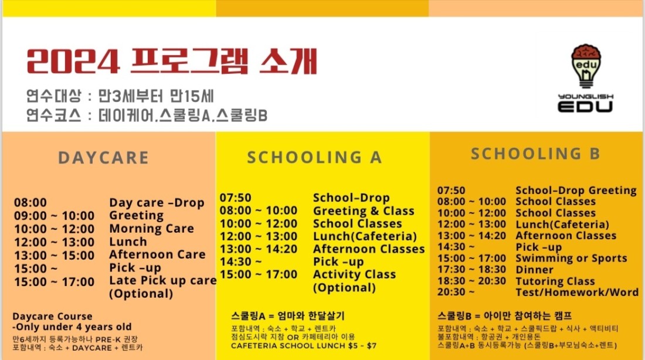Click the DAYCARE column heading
click(103, 158)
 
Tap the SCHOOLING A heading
click(315, 157)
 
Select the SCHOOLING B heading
click(535, 154)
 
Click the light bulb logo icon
click(586, 66)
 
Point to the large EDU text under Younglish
click(585, 106)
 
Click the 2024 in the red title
click(73, 62)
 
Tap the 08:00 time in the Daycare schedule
click(30, 202)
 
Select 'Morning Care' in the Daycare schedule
click(151, 228)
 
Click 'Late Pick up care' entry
click(163, 281)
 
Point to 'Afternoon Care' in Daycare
click(157, 254)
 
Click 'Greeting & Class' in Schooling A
click(364, 210)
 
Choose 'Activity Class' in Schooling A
click(354, 274)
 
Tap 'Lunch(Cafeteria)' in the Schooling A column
click(365, 236)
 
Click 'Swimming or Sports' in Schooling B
click(571, 259)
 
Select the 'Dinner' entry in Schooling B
click(534, 270)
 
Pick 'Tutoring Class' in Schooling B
click(555, 281)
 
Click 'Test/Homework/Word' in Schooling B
click(577, 292)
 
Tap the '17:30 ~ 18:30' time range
click(471, 270)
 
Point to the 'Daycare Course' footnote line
click(52, 317)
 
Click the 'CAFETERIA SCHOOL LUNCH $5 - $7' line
click(304, 345)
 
